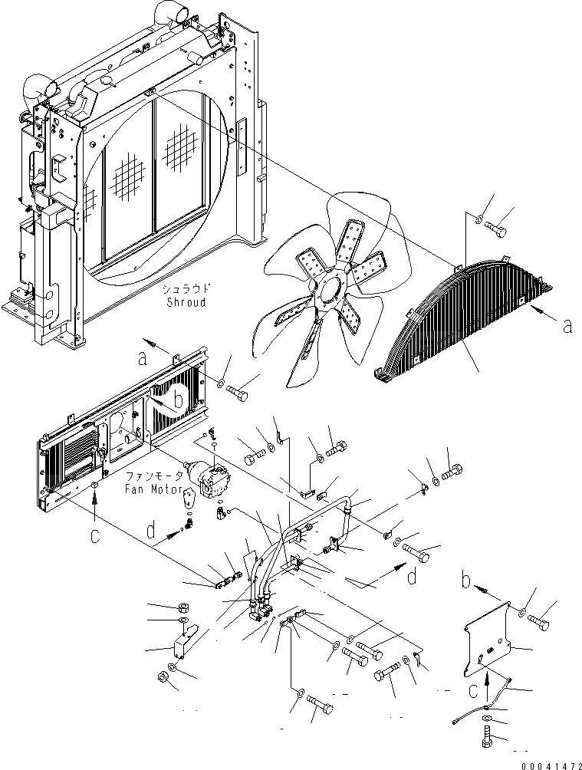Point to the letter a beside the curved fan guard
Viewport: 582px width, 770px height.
point(567,327)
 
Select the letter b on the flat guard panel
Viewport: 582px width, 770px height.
point(178,400)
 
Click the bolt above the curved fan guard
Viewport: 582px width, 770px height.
point(501,228)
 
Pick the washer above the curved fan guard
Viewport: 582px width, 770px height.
point(478,221)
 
